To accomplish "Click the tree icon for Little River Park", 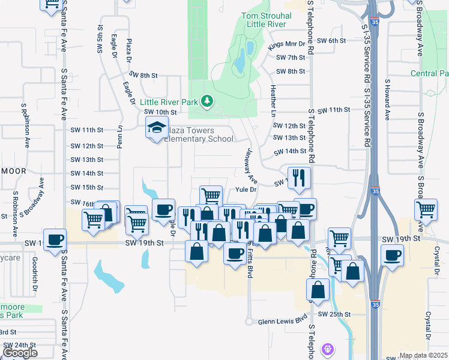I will [207, 101].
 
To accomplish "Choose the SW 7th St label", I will [291, 58].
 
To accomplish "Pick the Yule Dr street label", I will [246, 190].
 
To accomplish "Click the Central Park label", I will [430, 73].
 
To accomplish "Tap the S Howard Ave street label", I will [388, 99].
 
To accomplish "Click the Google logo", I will [20, 353].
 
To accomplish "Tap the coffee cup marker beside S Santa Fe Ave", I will [55, 239].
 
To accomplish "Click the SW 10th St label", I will [159, 112].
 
